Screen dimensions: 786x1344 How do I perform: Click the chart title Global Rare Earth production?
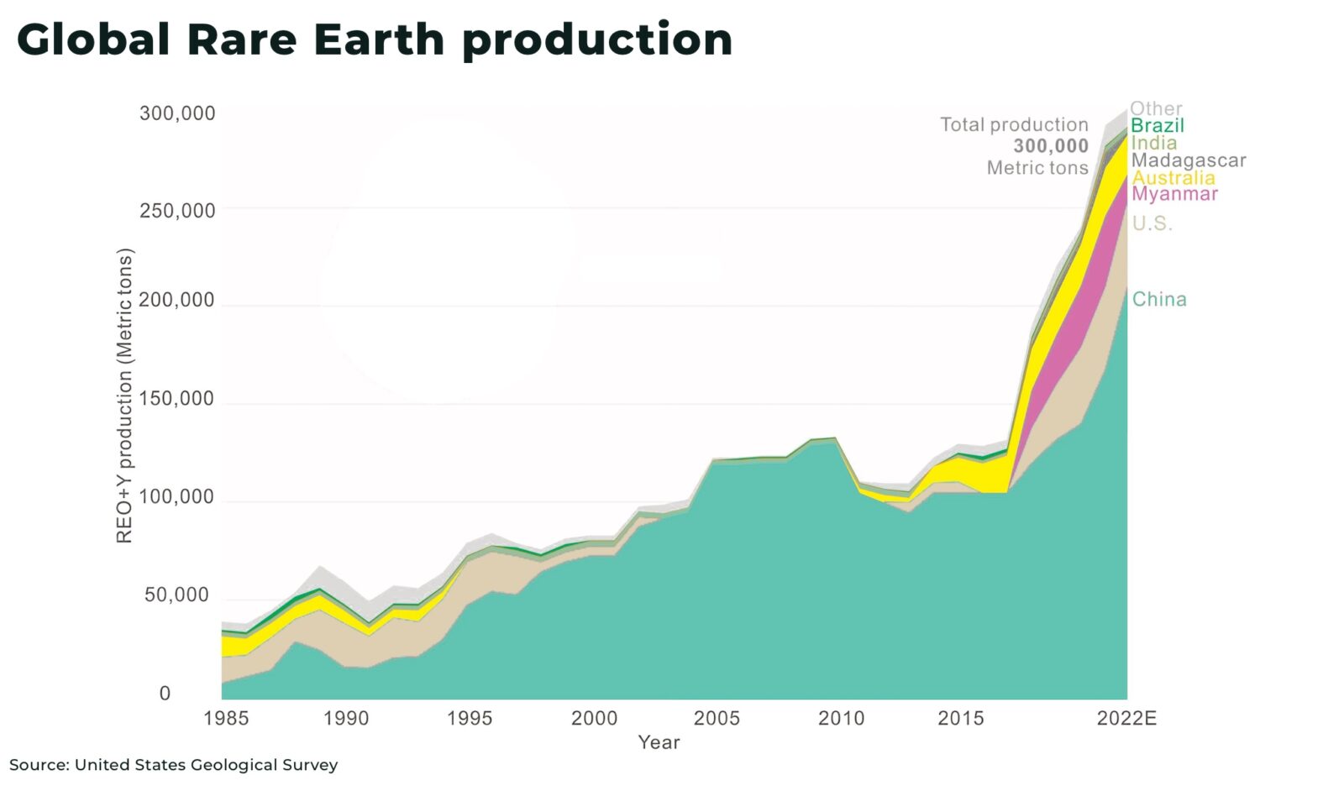pyautogui.click(x=375, y=39)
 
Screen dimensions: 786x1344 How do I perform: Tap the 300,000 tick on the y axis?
pyautogui.click(x=177, y=113)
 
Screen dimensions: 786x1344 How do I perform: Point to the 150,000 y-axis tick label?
pyautogui.click(x=177, y=399)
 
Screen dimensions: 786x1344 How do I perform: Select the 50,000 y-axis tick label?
pyautogui.click(x=176, y=595)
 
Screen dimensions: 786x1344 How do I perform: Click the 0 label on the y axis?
pyautogui.click(x=165, y=694)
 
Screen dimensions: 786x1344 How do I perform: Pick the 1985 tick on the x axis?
pyautogui.click(x=226, y=719)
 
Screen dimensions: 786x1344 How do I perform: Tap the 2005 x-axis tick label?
pyautogui.click(x=717, y=719)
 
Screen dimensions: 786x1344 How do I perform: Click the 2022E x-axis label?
pyautogui.click(x=1126, y=719)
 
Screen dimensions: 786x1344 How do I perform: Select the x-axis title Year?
pyautogui.click(x=659, y=742)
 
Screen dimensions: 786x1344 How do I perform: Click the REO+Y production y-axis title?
pyautogui.click(x=124, y=396)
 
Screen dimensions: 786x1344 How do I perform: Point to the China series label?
pyautogui.click(x=1159, y=300)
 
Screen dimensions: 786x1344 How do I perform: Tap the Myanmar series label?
pyautogui.click(x=1174, y=194)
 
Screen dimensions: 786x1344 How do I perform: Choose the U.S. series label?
pyautogui.click(x=1152, y=223)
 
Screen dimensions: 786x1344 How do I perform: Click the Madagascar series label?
pyautogui.click(x=1189, y=160)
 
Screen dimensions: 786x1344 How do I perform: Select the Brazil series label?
pyautogui.click(x=1158, y=126)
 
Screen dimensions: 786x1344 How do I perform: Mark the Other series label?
pyautogui.click(x=1156, y=108)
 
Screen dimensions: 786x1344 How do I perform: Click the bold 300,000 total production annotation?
pyautogui.click(x=1050, y=146)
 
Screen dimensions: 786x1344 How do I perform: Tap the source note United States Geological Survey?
pyautogui.click(x=173, y=765)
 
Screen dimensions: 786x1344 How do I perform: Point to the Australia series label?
pyautogui.click(x=1173, y=178)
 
